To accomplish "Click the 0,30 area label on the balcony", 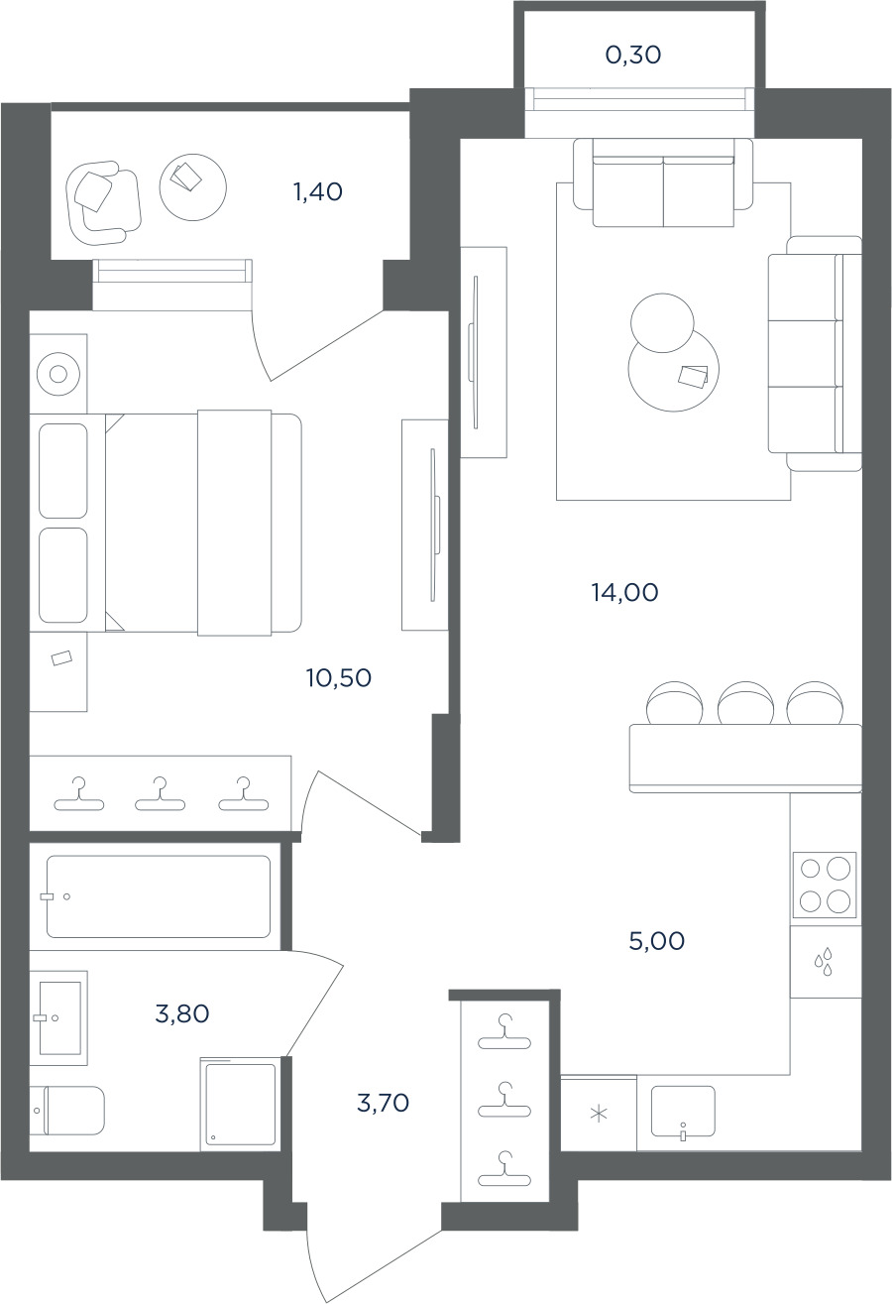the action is click(633, 56).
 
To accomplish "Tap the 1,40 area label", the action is click(318, 191).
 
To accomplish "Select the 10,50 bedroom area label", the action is click(339, 678).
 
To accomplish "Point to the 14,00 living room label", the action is click(625, 593).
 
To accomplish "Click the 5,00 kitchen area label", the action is click(656, 941).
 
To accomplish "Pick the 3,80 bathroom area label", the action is click(182, 1014).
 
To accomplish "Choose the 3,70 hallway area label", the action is click(383, 1103).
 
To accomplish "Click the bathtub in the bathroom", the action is click(159, 896).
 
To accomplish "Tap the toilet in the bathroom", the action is click(67, 1111).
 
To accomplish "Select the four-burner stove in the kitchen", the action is click(825, 886).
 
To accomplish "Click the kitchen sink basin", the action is click(683, 1112).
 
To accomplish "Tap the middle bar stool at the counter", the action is click(744, 703).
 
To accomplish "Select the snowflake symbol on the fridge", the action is click(599, 1115).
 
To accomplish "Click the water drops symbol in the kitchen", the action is click(824, 964).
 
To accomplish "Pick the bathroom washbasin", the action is click(59, 1018).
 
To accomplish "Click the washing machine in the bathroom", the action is click(238, 1105).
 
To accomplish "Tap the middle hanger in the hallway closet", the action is click(503, 1100).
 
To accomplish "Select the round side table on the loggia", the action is click(192, 186).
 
